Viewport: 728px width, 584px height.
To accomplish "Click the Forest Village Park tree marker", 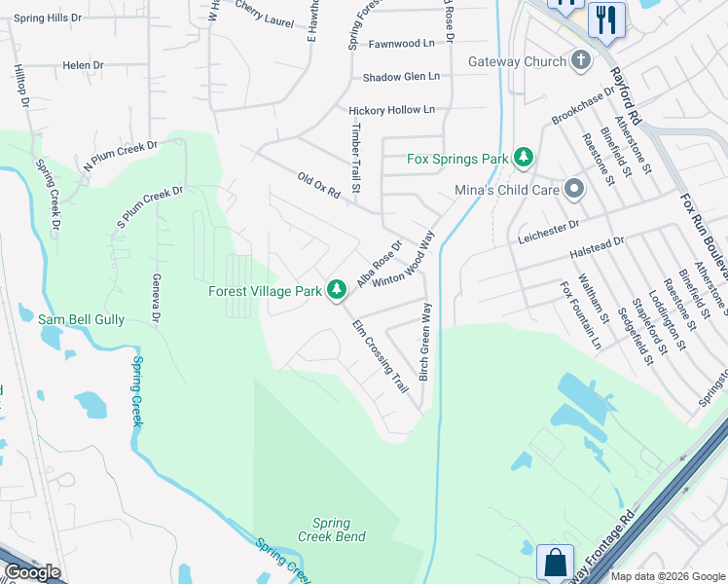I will [x=337, y=289].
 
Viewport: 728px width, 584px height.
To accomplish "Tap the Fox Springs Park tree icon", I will [x=525, y=157].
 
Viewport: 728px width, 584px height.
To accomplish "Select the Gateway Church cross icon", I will [x=581, y=61].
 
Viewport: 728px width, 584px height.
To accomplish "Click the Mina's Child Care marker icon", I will [x=574, y=190].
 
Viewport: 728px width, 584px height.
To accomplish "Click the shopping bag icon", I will [x=555, y=563].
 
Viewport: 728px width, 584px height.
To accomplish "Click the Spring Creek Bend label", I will [x=332, y=529].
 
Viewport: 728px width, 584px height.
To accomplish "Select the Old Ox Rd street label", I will [x=318, y=185].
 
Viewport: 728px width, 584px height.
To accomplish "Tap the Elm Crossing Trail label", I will [x=380, y=356].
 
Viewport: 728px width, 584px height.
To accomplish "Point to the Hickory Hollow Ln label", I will [x=391, y=111].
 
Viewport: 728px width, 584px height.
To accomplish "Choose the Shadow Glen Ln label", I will [x=401, y=77].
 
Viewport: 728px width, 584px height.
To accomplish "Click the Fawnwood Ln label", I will [x=401, y=44].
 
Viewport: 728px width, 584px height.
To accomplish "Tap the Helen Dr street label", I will [x=83, y=65].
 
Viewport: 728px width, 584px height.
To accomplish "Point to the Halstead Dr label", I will [x=617, y=243].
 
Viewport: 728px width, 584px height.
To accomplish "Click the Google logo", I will [x=33, y=572].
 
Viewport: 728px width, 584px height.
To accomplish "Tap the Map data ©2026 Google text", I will [x=668, y=575].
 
